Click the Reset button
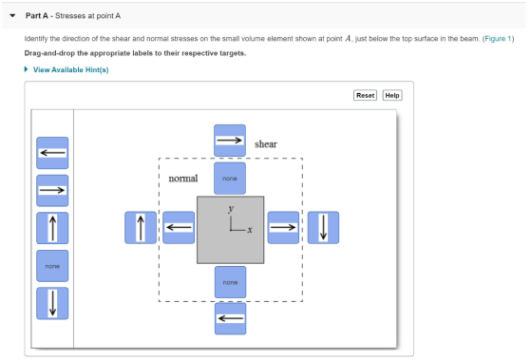click(x=365, y=95)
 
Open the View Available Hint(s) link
click(x=70, y=70)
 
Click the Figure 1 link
click(x=498, y=39)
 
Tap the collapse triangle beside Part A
click(x=12, y=15)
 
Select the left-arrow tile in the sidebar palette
click(x=52, y=153)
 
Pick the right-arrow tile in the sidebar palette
click(x=52, y=190)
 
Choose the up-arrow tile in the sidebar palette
click(x=52, y=228)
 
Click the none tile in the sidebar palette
click(x=52, y=266)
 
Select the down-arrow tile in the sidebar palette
click(x=52, y=303)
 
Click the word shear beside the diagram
click(x=266, y=144)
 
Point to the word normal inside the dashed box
click(x=182, y=179)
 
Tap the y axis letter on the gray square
click(x=231, y=209)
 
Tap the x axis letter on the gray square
click(x=250, y=230)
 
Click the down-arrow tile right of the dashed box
click(x=323, y=228)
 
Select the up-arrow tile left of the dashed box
click(x=141, y=228)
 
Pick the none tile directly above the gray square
click(x=230, y=179)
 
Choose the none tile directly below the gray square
click(x=230, y=282)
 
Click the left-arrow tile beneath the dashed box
click(x=230, y=318)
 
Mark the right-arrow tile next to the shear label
click(x=230, y=141)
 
